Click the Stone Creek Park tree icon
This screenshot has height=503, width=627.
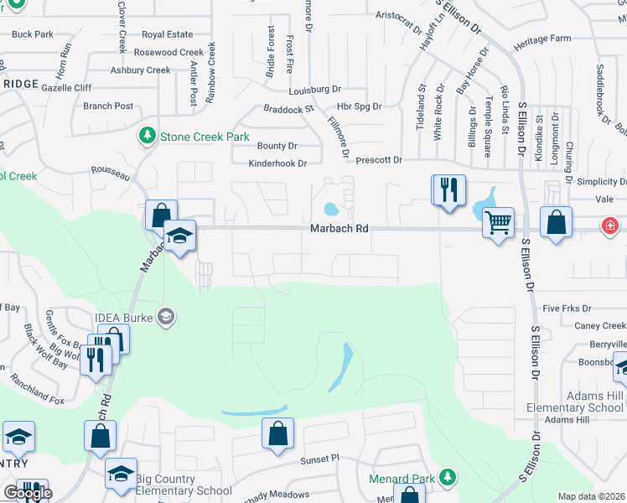[148, 135]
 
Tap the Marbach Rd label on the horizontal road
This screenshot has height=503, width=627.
[339, 228]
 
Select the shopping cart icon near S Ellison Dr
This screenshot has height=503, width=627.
[498, 223]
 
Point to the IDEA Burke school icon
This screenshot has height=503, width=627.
[166, 316]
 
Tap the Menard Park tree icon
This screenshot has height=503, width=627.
[448, 478]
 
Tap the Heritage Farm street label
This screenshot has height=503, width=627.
[542, 39]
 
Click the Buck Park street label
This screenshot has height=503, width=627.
[33, 34]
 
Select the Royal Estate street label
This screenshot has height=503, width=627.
[167, 34]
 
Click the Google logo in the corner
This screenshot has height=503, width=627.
[27, 493]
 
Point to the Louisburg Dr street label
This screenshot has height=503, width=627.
[315, 89]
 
